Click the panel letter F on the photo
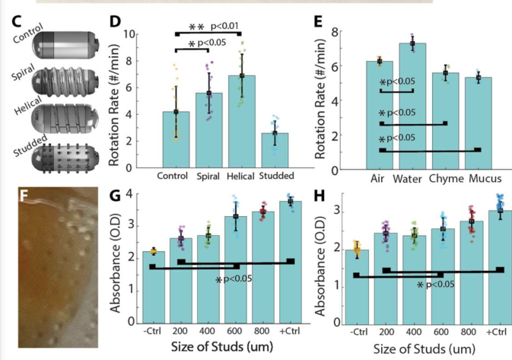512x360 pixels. (27, 199)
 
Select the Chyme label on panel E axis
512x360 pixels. (447, 180)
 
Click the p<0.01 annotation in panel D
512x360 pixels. (247, 27)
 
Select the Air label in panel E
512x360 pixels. (378, 180)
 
